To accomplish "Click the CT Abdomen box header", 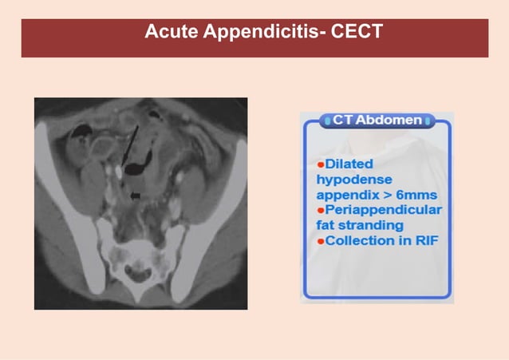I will [377, 120].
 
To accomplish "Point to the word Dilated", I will [344, 164].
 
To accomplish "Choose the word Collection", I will [358, 240].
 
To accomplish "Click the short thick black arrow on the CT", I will [135, 194].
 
